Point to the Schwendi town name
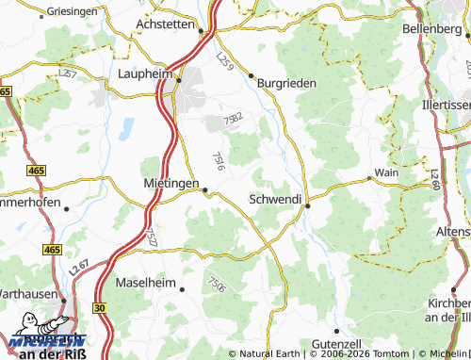tap(275, 200)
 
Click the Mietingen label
tap(171, 182)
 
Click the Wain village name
tap(385, 172)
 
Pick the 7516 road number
tap(219, 161)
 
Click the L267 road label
tap(79, 272)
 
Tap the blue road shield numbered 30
tap(99, 307)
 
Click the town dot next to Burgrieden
tap(251, 75)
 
